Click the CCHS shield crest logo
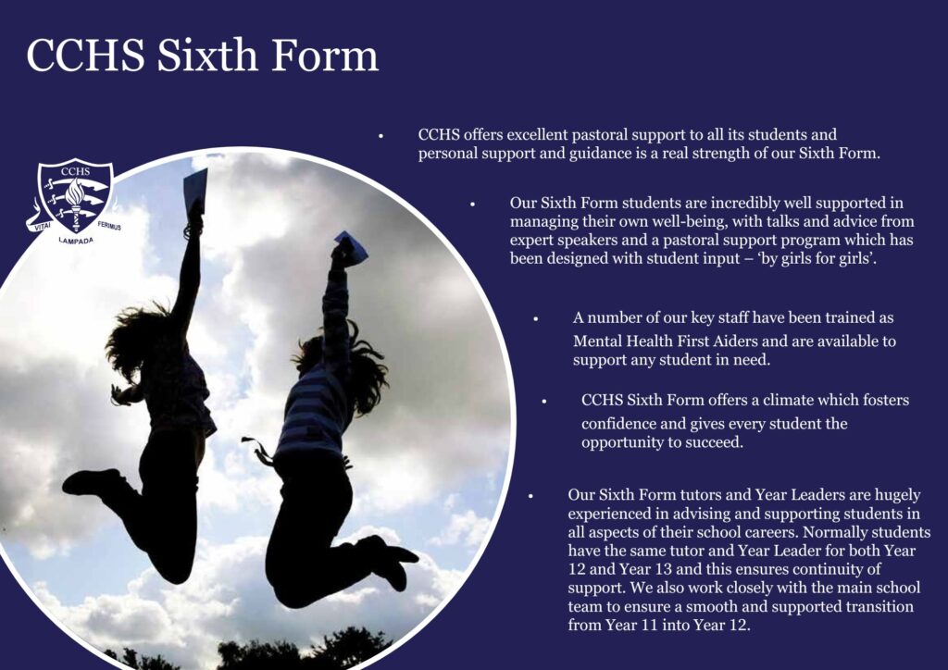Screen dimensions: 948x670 [75, 195]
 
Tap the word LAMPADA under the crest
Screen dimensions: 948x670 [76, 241]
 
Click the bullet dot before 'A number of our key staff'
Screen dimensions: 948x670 [536, 319]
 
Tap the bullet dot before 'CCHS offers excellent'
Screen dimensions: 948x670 [380, 136]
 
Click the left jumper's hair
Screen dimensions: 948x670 [136, 339]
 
